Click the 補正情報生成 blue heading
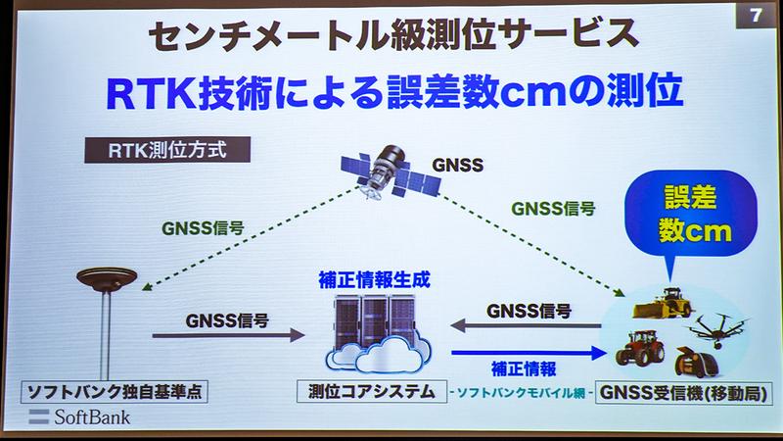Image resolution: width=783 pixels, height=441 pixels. point(375,278)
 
